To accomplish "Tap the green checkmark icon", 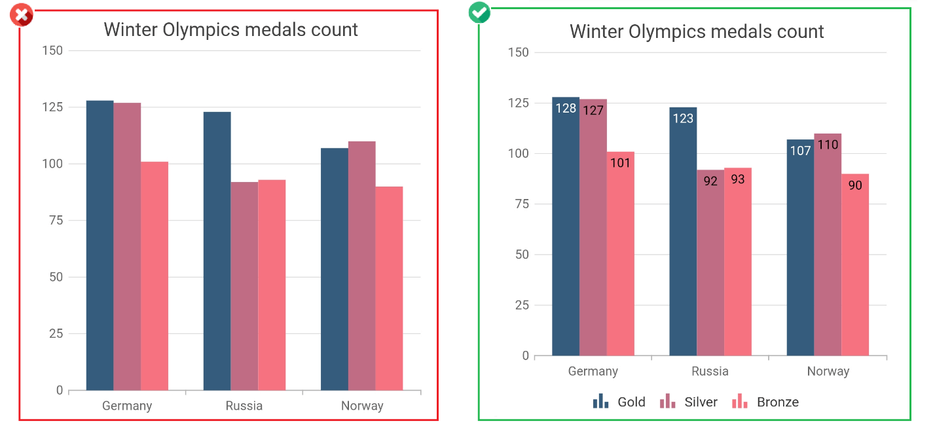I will pos(479,12).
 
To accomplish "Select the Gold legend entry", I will pos(619,402).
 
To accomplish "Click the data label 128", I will pos(566,108).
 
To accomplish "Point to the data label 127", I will pos(593,110).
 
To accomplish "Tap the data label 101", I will pos(620,162).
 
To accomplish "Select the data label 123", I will pos(683,118).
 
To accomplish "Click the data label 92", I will pos(710,181).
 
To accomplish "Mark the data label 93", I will pos(738,179).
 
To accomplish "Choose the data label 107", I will pos(800,151).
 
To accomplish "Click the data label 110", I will pos(828,145).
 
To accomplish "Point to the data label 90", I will pos(855,185).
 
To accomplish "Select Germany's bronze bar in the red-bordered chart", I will pos(155,276).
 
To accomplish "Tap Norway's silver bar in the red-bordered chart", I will pos(361,265).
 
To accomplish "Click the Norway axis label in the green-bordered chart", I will pos(828,371).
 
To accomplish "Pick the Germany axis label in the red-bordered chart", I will pos(127,406).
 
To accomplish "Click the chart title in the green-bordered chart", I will pos(697,31).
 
